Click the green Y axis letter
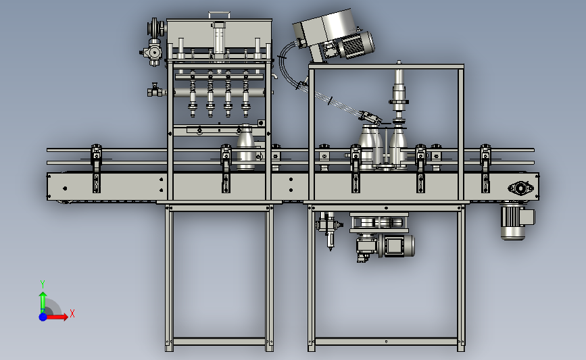pos(43,284)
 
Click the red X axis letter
pos(72,313)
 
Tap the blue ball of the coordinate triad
pos(43,317)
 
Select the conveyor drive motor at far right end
pos(517,222)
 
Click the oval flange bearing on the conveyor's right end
pos(520,188)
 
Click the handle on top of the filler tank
pos(220,15)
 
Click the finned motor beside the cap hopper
pos(354,45)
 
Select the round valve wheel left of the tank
pos(155,28)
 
